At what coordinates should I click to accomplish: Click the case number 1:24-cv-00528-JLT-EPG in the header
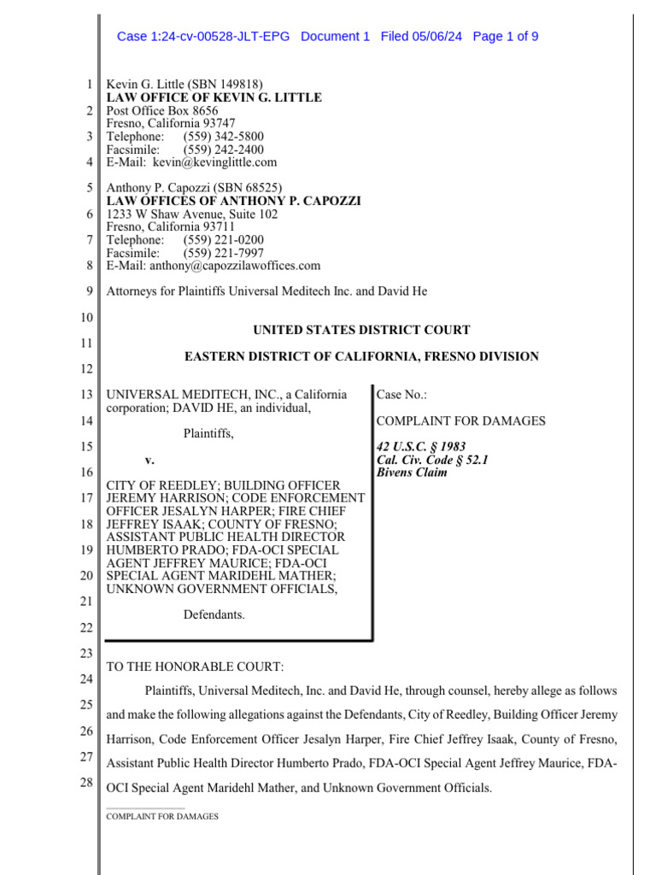[203, 36]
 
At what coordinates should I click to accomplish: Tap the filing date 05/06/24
[436, 36]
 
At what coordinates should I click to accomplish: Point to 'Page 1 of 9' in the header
[505, 36]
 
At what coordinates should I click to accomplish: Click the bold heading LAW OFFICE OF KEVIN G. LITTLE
[214, 97]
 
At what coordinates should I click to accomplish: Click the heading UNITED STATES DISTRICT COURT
[361, 330]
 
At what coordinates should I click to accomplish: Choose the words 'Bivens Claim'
[412, 473]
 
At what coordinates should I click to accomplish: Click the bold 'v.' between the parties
[149, 460]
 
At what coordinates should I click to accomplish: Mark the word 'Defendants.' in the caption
[214, 614]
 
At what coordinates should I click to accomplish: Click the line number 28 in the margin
[87, 783]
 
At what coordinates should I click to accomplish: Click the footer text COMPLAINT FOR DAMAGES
[162, 816]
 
